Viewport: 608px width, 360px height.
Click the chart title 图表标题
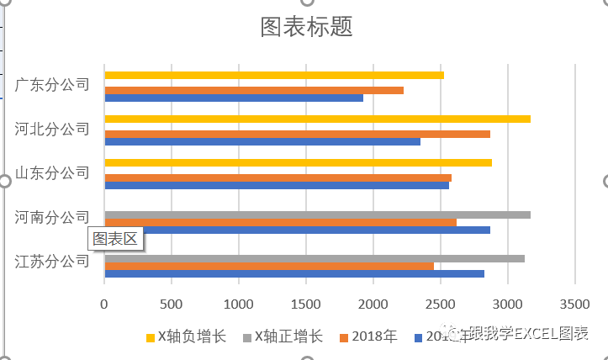click(x=306, y=27)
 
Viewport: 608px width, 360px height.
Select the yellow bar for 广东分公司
click(x=273, y=76)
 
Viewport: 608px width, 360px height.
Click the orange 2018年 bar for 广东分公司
click(x=253, y=90)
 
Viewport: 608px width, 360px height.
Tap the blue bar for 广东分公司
click(x=233, y=98)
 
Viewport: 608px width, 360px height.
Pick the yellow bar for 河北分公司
click(x=317, y=119)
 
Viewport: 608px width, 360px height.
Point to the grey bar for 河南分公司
click(x=317, y=214)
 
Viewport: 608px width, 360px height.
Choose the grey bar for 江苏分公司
click(x=314, y=258)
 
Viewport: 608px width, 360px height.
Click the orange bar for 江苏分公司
click(x=269, y=266)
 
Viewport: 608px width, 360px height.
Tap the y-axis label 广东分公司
click(x=52, y=85)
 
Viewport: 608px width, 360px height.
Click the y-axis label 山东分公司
click(x=52, y=172)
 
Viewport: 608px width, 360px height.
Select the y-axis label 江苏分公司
click(x=52, y=261)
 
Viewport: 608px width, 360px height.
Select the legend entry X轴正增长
click(x=283, y=337)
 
